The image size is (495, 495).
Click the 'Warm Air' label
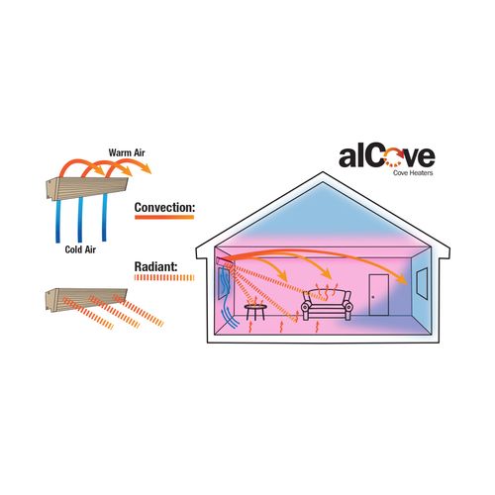coord(127,152)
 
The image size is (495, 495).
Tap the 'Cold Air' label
coord(80,249)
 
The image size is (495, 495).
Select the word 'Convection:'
coord(165,207)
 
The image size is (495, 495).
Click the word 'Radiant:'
coord(156,266)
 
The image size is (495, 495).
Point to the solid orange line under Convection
coord(164,217)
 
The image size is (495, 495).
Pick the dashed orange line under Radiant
coord(164,277)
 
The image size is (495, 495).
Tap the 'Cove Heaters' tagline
coord(413,172)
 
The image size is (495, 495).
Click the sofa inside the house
coord(327,305)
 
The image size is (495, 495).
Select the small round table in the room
coord(255,312)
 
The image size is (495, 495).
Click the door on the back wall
coord(379,295)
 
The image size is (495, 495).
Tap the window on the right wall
coord(422,283)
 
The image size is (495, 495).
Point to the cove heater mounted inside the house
coord(226,262)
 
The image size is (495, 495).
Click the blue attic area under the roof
coord(323,215)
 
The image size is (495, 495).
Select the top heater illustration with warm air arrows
coord(86,189)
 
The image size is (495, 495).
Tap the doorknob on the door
coord(373,297)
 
